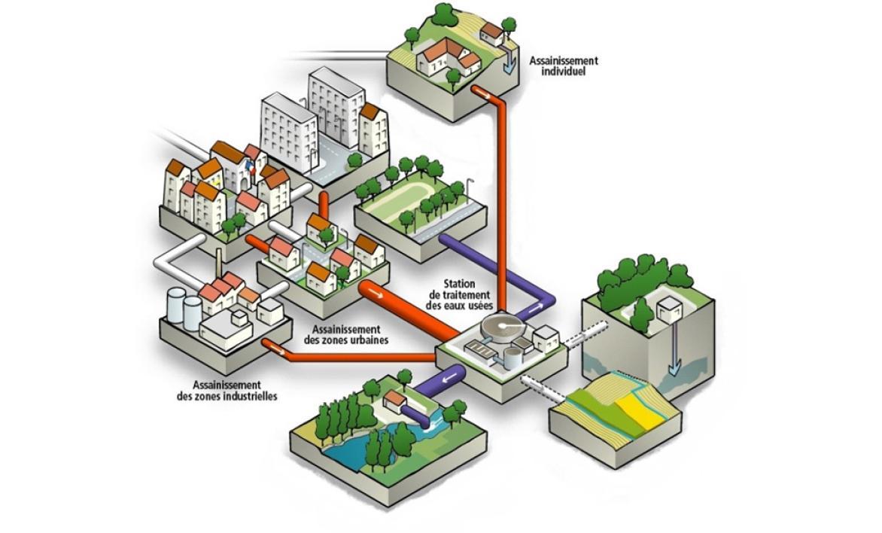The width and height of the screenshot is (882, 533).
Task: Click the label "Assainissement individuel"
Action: pos(563,66)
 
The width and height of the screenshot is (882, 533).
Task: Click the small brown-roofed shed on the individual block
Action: pos(493,32)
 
